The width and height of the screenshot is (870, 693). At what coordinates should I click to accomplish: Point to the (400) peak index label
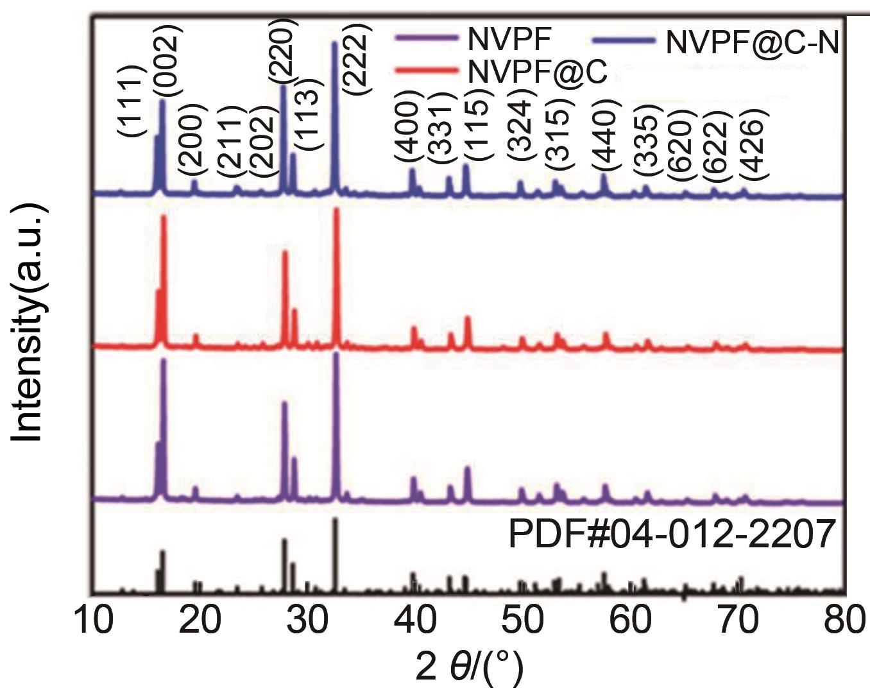point(407,132)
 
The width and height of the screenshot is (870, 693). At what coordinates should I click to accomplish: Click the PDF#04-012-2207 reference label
point(672,535)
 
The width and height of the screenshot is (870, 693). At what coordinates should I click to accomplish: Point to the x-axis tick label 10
point(94,620)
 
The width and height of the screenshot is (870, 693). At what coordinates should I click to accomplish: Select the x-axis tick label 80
point(844,620)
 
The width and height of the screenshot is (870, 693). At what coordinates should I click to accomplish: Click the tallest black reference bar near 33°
point(335,519)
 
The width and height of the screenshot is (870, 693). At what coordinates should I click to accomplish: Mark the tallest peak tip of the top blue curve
point(334,44)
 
